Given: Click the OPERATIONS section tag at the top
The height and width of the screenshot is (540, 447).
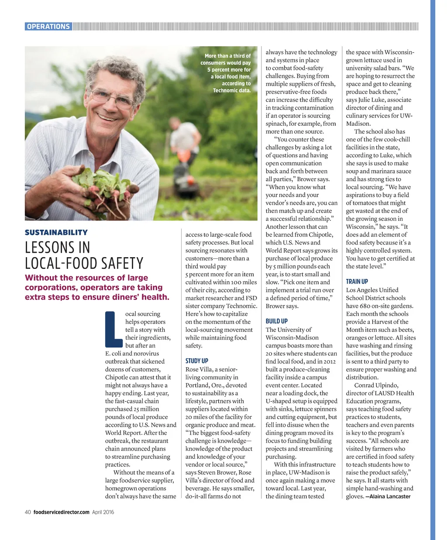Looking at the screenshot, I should (48, 27).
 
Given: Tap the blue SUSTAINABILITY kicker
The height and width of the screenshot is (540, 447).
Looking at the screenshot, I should (56, 233).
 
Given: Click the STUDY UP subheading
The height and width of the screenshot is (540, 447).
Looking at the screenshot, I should (196, 361).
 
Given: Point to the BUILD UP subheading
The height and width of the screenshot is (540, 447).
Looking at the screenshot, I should (277, 321).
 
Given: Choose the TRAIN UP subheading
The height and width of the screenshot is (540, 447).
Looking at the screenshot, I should (357, 282).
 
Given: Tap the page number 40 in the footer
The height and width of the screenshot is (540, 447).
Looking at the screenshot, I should (28, 512).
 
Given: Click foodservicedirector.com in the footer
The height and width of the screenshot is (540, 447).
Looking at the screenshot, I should (61, 512).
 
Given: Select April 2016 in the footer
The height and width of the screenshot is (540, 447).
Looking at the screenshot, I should (103, 512).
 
